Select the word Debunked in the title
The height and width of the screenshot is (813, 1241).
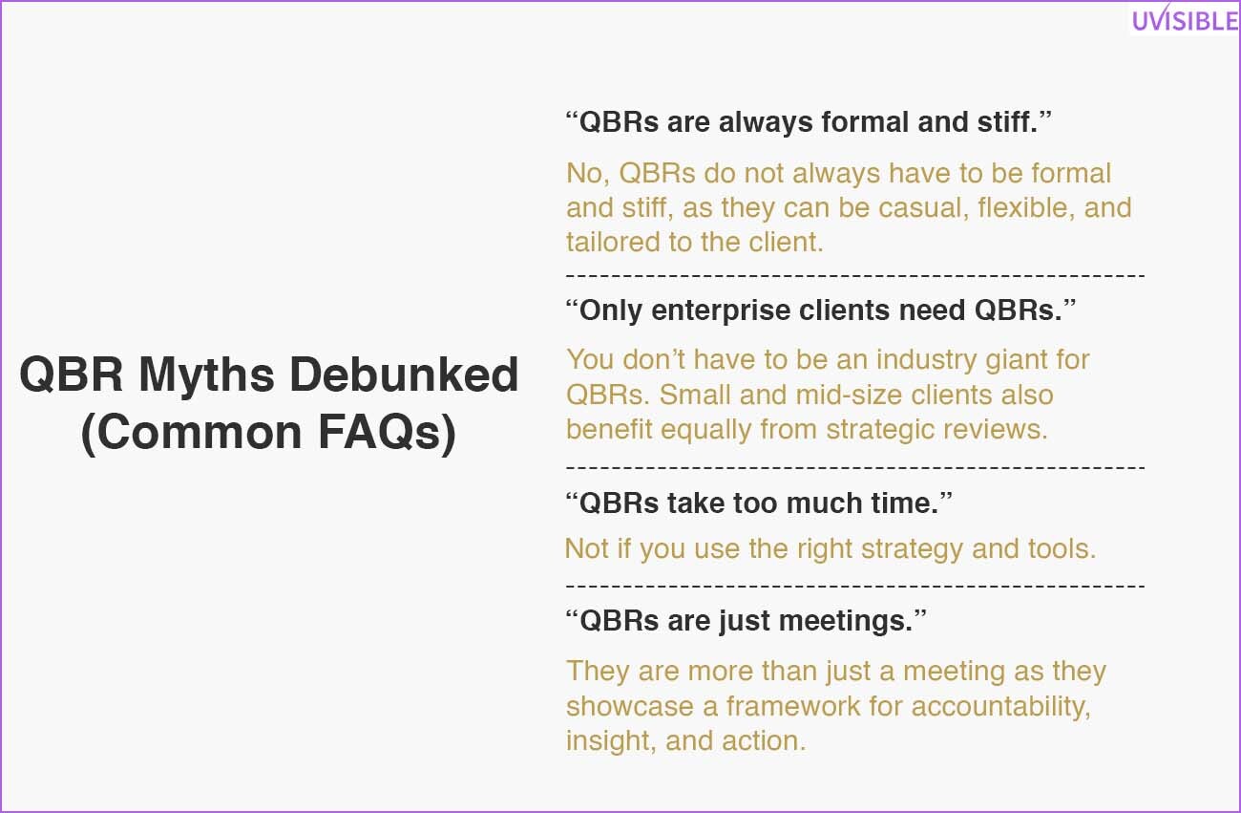click(404, 374)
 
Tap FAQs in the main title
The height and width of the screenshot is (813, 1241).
click(387, 433)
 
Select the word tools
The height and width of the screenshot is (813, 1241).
click(1062, 549)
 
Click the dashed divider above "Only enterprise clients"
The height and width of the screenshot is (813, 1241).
click(855, 275)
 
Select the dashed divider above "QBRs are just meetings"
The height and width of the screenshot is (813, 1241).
click(855, 585)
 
